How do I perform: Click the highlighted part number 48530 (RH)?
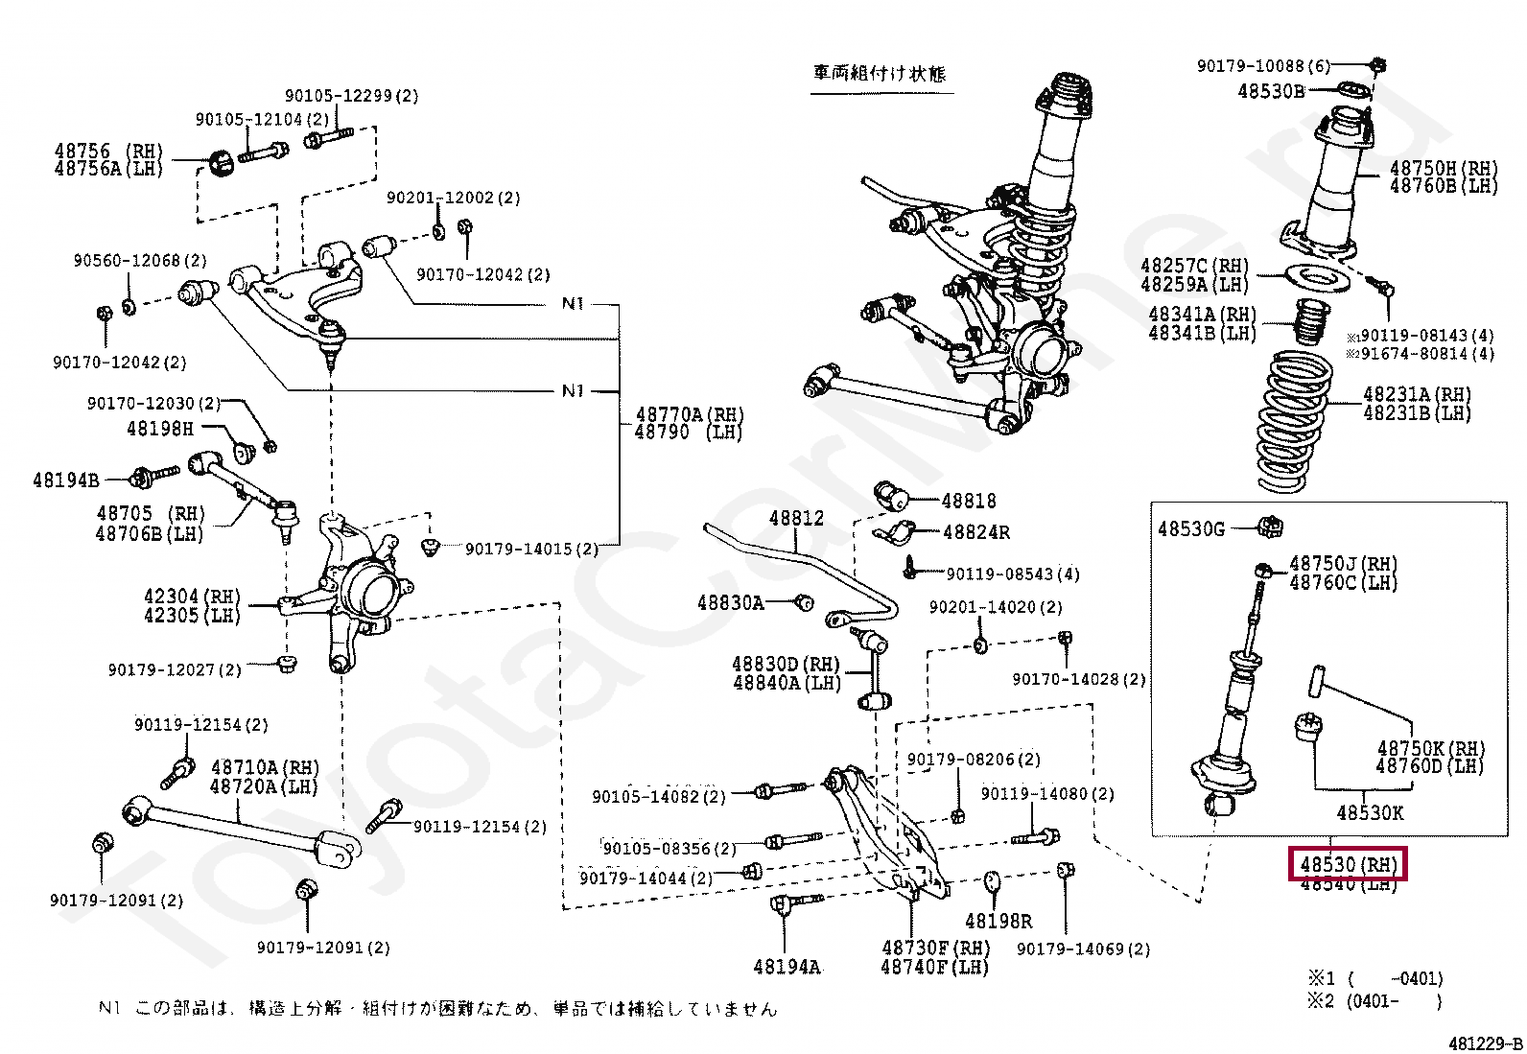point(1348,864)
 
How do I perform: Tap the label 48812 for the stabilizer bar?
point(796,519)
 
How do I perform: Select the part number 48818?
point(969,501)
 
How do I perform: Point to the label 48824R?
point(975,532)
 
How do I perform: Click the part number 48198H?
point(160,429)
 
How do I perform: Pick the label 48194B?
point(65,480)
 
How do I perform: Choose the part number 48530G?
point(1191,528)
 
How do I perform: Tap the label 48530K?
point(1370,813)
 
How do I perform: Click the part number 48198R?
point(998,922)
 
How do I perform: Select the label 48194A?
point(787,967)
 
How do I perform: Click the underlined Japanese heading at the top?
point(880,74)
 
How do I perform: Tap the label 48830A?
point(731,603)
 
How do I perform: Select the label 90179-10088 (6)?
point(1263,66)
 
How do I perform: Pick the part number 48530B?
point(1271,91)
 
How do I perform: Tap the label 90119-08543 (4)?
point(1013,574)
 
